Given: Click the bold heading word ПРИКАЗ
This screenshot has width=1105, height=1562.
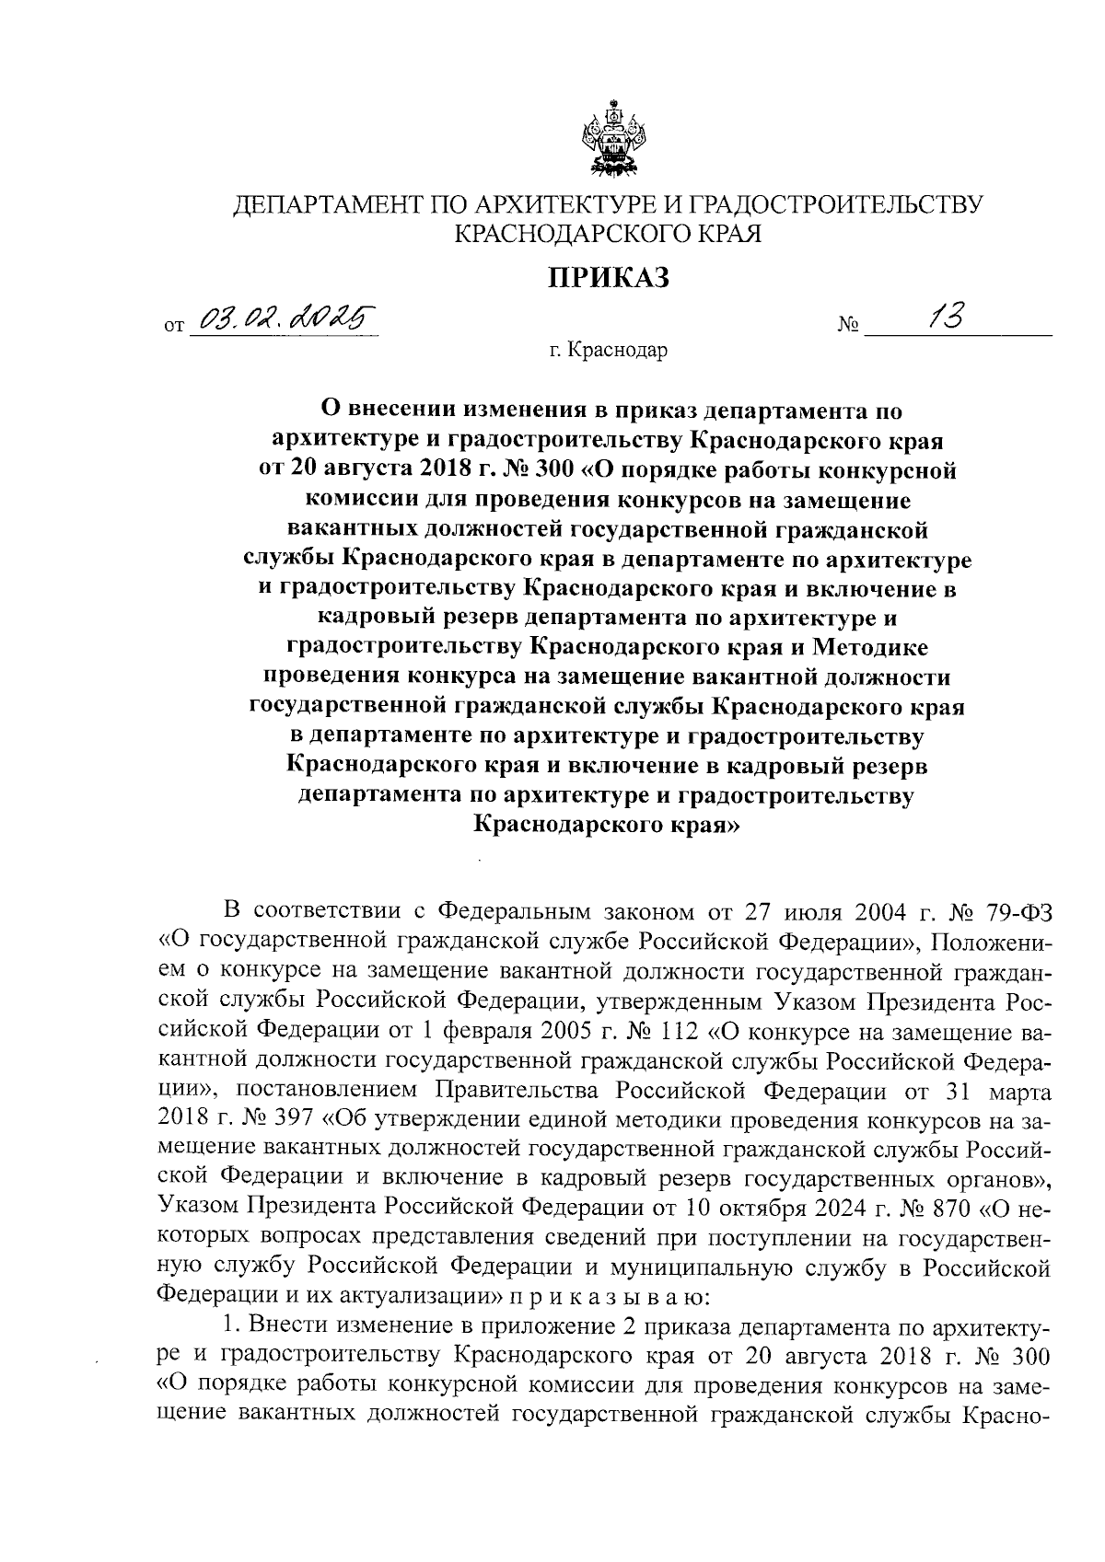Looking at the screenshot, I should coord(609,276).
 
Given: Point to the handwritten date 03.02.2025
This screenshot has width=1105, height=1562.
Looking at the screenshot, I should coord(284,319).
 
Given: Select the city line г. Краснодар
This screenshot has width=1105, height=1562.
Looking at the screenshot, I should coord(608,351).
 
